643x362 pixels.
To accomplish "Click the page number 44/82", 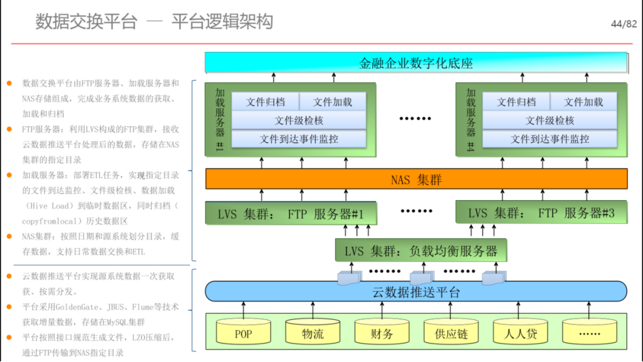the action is (x=624, y=24).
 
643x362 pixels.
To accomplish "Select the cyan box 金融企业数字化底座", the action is (x=416, y=63).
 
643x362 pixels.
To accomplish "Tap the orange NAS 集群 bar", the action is (x=416, y=179).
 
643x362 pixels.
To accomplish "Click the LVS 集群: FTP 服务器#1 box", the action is (x=291, y=213).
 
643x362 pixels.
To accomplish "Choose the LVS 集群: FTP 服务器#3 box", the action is (x=541, y=213).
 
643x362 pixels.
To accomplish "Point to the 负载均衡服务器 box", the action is (x=421, y=250).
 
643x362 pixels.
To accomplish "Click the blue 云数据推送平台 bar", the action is (x=416, y=292).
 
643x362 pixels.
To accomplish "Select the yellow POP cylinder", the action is (x=243, y=331).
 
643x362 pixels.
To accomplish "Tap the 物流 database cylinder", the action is (x=313, y=331).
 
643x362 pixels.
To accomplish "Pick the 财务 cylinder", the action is (x=382, y=331).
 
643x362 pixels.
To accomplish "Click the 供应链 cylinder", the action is (x=451, y=331).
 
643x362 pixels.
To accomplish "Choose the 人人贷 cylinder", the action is (x=520, y=331).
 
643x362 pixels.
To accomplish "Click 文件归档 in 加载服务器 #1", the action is (x=266, y=102).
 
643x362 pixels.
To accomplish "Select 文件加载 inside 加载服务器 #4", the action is (x=583, y=102).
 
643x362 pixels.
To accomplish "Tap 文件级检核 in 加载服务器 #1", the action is (x=298, y=120).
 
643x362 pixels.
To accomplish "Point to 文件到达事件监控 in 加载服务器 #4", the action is (x=550, y=139).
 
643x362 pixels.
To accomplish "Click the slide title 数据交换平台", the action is (x=86, y=21).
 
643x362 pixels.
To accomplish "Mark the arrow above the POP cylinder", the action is (x=244, y=310).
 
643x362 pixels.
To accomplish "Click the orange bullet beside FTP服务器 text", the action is (x=10, y=129).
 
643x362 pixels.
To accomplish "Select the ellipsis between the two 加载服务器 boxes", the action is (x=416, y=118).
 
